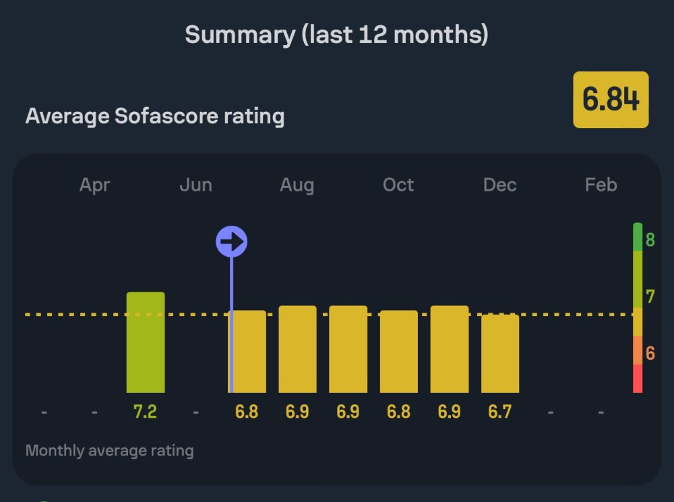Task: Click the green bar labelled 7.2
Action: [146, 342]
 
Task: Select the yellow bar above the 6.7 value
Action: [500, 353]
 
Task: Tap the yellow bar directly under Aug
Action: [297, 349]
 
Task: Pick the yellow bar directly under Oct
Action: [398, 351]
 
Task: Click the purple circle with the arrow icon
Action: [231, 241]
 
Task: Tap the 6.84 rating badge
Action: [611, 100]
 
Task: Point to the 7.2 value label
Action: [146, 411]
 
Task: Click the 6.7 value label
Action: [500, 411]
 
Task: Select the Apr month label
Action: [94, 185]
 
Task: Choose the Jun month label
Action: [195, 185]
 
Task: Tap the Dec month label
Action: [500, 185]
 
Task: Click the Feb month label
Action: [601, 185]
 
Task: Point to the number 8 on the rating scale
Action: [650, 239]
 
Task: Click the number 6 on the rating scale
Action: [650, 352]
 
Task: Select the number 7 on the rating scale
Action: [650, 296]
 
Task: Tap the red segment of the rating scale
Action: [638, 378]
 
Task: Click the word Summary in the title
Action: [239, 34]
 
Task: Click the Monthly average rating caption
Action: [109, 450]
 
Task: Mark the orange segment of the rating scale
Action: [638, 350]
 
